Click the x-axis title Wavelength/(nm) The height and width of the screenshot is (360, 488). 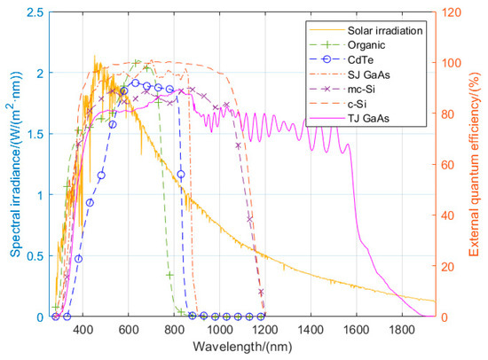pyautogui.click(x=245, y=348)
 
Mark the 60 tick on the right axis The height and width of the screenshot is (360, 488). pyautogui.click(x=450, y=165)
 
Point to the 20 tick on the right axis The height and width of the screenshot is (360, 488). pyautogui.click(x=450, y=267)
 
